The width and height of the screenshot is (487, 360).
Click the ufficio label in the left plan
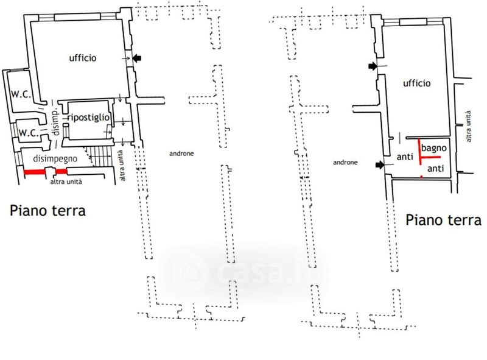83,58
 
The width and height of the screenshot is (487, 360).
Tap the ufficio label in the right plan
417,83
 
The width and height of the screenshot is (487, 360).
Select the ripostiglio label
88,118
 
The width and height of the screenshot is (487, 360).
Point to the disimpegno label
55,159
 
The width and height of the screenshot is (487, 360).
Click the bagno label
434,148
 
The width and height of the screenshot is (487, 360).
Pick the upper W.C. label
21,94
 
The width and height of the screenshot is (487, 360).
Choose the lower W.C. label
29,133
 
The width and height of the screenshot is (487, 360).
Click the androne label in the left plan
181,154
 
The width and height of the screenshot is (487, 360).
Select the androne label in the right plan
345,162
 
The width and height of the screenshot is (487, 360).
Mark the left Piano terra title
48,211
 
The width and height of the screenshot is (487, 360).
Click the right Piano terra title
444,220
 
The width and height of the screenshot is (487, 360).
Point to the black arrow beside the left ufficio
137,58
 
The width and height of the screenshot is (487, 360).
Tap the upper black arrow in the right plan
373,66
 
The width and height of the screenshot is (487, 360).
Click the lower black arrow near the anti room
380,164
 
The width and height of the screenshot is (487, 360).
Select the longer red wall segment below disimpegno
35,172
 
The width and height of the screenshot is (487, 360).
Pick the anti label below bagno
436,169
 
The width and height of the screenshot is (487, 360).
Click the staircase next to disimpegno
99,157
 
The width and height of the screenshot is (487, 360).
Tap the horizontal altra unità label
66,182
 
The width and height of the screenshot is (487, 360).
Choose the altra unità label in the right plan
468,126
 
